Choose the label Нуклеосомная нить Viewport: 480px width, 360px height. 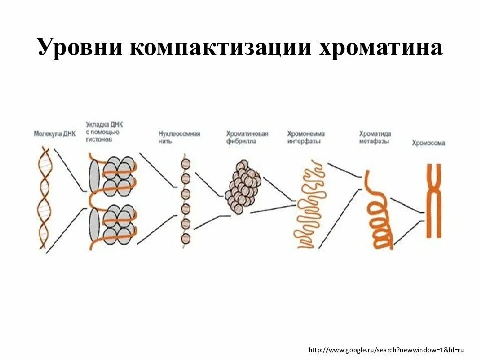179,137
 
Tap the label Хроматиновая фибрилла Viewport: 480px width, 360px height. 247,137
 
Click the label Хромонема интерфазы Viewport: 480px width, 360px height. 306,137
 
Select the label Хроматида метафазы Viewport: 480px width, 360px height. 375,137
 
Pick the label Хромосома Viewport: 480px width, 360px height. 428,143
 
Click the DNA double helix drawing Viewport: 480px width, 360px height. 45,197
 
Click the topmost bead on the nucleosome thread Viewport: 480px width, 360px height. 186,164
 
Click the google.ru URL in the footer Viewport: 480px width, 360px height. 386,350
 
